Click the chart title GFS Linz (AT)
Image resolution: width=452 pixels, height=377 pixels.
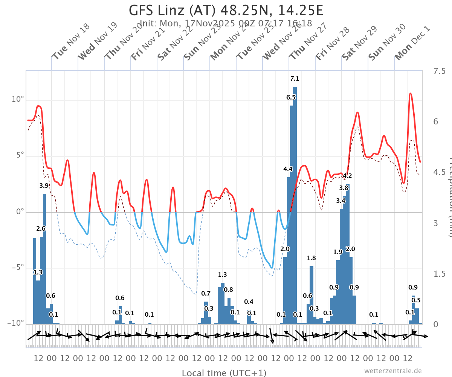pyautogui.click(x=226, y=10)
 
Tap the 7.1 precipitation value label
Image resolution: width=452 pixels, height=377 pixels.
pyautogui.click(x=295, y=79)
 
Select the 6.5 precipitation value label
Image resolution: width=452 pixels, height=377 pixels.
pyautogui.click(x=291, y=97)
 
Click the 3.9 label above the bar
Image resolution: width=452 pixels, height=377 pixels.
pyautogui.click(x=44, y=185)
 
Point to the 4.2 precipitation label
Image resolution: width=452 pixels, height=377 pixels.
pyautogui.click(x=347, y=176)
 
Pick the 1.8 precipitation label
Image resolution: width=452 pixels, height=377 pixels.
pyautogui.click(x=311, y=258)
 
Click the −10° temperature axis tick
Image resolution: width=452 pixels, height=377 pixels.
pyautogui.click(x=16, y=323)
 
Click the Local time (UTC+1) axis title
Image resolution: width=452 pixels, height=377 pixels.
pyautogui.click(x=224, y=373)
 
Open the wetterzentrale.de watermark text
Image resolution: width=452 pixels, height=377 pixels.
pyautogui.click(x=393, y=371)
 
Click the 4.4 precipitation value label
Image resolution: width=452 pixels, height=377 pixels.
pyautogui.click(x=288, y=169)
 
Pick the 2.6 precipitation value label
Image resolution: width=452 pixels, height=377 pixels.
pyautogui.click(x=41, y=228)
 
